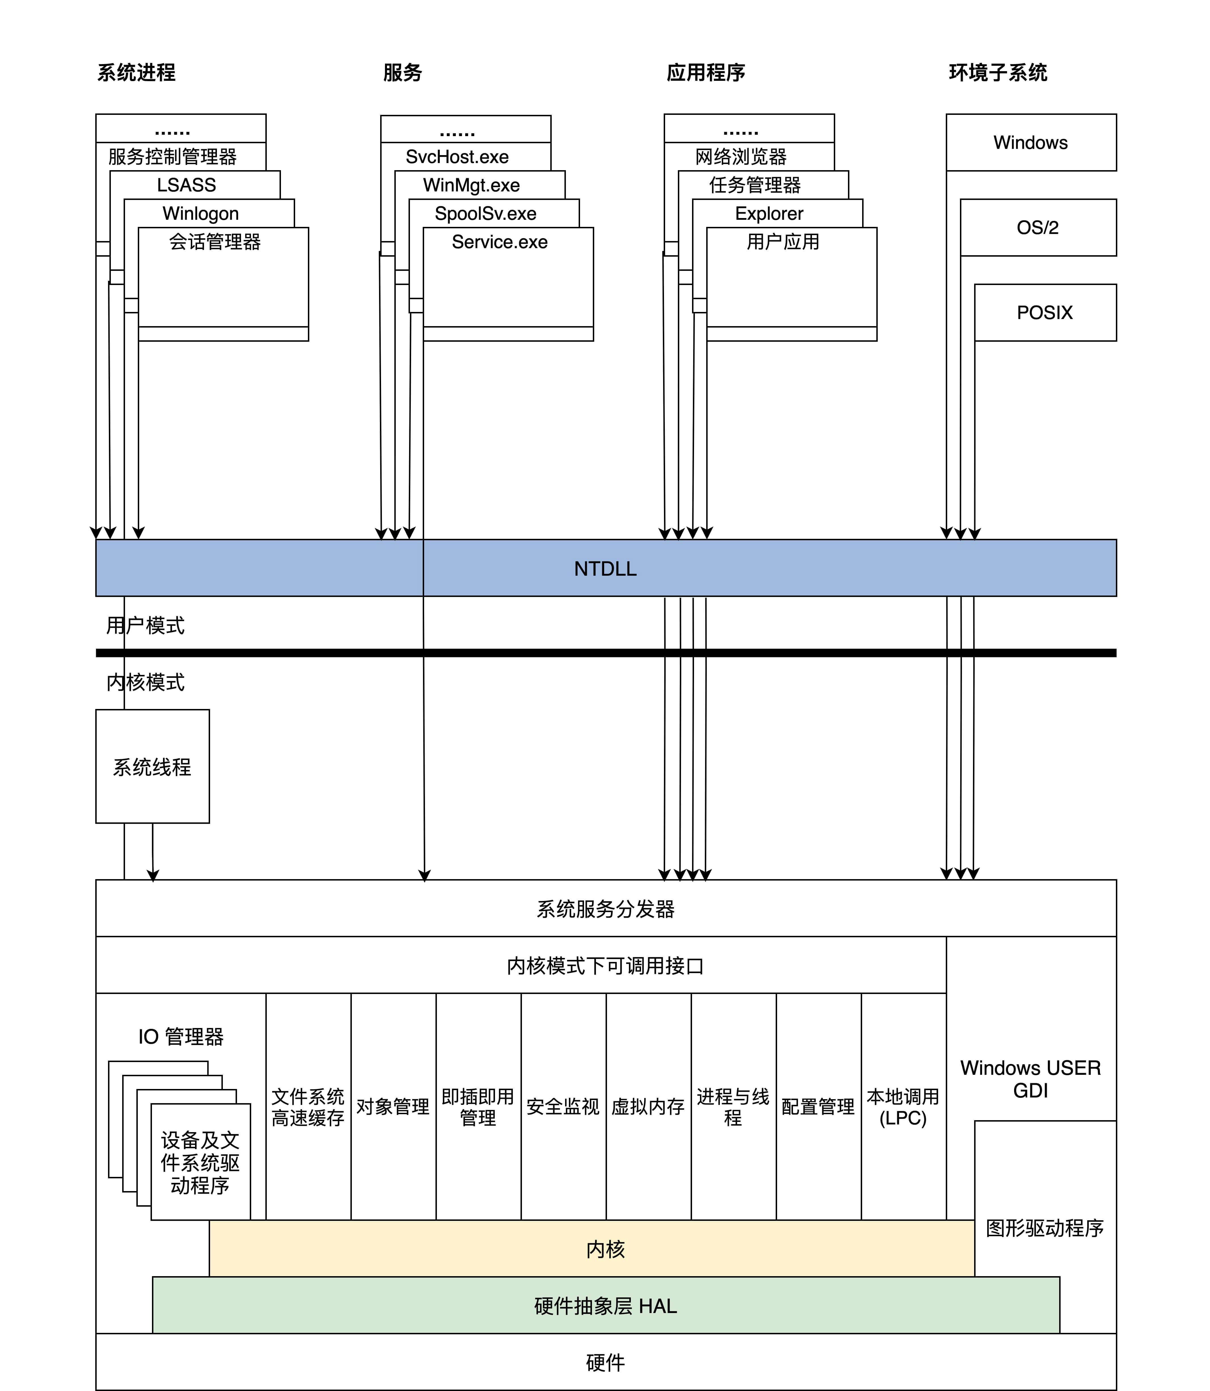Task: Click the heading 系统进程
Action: [136, 72]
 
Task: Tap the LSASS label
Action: [186, 185]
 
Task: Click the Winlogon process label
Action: [200, 213]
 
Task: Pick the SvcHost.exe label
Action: [457, 157]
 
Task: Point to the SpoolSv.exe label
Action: [485, 213]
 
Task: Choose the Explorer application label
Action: [769, 213]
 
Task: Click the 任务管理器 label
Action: [755, 185]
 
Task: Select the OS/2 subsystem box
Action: [1038, 227]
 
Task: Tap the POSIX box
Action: [1044, 313]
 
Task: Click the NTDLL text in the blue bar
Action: [605, 569]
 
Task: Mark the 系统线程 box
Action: [153, 767]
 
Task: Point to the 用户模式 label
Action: [145, 625]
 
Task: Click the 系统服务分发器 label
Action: [605, 909]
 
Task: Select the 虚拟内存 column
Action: [648, 1106]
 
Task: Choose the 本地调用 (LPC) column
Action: [904, 1106]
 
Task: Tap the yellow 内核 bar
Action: [605, 1249]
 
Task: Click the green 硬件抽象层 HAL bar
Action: [605, 1306]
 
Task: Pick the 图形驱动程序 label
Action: [1044, 1228]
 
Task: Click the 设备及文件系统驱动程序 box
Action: [200, 1163]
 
